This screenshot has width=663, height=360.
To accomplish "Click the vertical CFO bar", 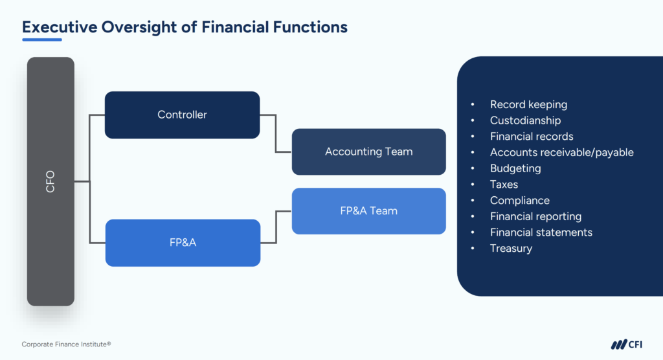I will click(x=51, y=181).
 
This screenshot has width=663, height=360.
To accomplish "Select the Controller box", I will click(x=182, y=115).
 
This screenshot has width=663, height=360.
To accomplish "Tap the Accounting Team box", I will click(x=368, y=152).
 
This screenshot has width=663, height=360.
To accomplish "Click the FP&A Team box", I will click(x=368, y=210).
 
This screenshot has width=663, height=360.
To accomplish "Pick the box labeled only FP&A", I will click(x=182, y=242).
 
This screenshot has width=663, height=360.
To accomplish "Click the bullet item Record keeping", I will click(x=528, y=104).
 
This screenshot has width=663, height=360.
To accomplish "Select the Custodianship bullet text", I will click(x=525, y=120).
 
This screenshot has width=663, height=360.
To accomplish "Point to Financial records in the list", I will click(x=532, y=137).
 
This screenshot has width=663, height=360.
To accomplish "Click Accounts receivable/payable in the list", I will click(x=561, y=153).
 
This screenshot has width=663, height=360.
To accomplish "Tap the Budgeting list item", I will click(x=515, y=168).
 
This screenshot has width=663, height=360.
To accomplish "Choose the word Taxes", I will click(x=504, y=185).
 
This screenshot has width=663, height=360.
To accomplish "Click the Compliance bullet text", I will click(x=519, y=201).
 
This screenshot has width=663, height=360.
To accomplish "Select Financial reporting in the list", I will click(x=535, y=216).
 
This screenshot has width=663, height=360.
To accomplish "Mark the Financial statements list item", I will click(x=541, y=232).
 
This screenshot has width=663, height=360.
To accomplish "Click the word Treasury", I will click(x=511, y=249).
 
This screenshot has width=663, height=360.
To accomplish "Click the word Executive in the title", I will click(x=57, y=27).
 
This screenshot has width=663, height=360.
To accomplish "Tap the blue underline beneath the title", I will click(x=42, y=39).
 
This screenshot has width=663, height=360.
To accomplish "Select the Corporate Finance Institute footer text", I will click(x=62, y=344).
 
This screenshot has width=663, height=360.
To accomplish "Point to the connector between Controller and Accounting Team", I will click(x=276, y=133).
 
